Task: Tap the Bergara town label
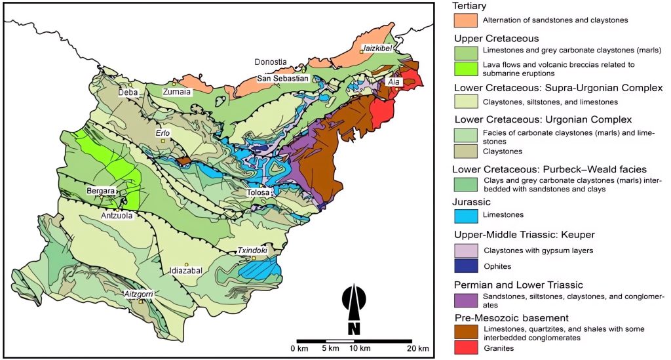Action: pos(100,191)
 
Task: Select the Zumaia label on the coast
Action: pos(176,92)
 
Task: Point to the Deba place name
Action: pos(128,93)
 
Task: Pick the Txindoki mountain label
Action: pos(252,250)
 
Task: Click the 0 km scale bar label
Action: pos(298,348)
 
